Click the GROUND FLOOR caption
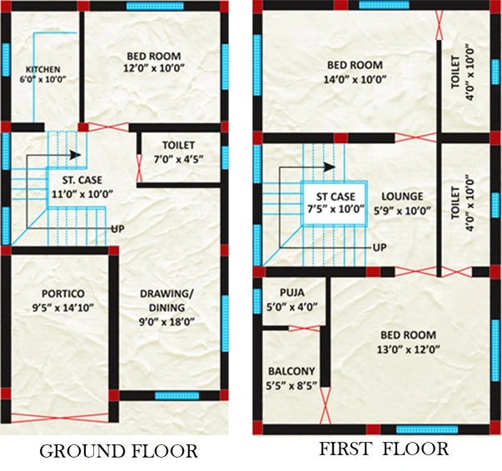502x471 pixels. (118, 451)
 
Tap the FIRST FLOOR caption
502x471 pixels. (384, 449)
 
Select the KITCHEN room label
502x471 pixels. (43, 69)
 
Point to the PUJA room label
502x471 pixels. (292, 292)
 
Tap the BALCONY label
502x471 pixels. (291, 371)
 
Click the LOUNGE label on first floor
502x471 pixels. (402, 196)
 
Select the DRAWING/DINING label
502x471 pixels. (167, 300)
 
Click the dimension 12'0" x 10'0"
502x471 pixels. (154, 68)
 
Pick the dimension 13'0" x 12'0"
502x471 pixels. (408, 350)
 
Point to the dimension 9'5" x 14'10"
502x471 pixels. (62, 308)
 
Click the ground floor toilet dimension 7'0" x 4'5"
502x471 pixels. (178, 159)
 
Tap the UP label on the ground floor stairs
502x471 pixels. (117, 229)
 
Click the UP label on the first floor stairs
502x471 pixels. (380, 247)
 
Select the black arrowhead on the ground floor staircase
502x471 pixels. (75, 155)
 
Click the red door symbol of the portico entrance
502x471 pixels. (60, 419)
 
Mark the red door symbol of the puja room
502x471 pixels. (304, 329)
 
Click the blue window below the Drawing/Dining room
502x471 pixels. (176, 395)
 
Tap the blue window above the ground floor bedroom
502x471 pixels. (155, 6)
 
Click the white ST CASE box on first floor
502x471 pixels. (334, 203)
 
